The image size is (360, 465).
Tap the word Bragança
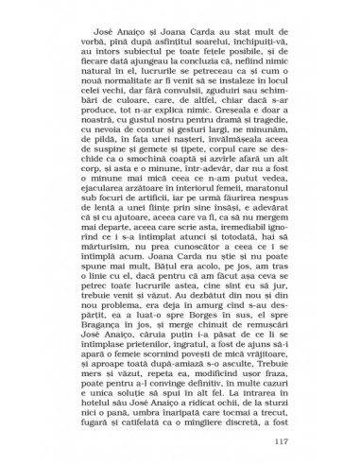point(112,329)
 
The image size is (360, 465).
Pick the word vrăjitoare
point(257,360)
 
